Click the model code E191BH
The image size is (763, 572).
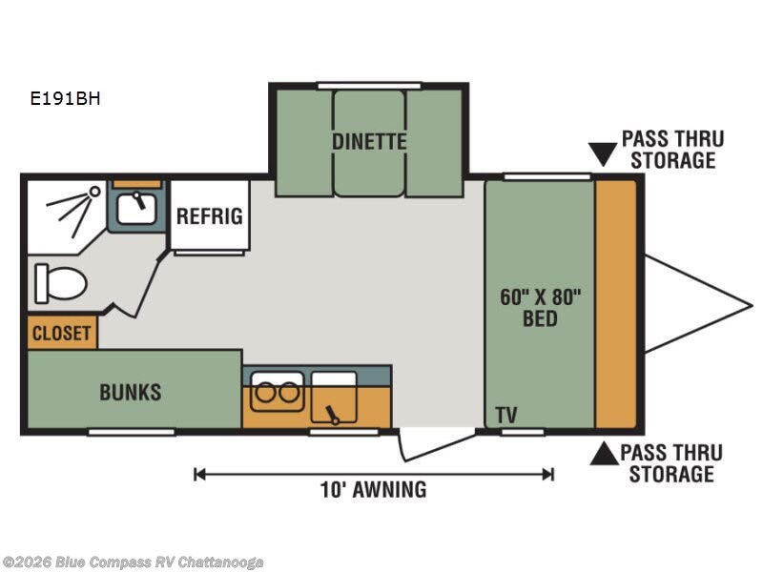65,99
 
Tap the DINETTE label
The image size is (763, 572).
369,141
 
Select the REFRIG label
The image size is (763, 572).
209,216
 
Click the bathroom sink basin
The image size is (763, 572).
136,208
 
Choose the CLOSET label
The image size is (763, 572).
61,334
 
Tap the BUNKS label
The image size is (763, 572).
131,392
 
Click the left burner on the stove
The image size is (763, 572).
266,392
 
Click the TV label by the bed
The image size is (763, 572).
506,416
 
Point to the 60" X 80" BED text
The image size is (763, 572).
540,308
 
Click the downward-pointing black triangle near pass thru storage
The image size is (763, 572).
603,154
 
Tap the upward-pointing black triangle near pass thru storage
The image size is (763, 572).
605,454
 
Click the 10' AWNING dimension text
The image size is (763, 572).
373,490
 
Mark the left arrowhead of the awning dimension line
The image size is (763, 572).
197,474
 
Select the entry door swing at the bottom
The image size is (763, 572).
437,445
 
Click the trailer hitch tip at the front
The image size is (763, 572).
752,306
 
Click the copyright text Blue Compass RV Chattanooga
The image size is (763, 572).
132,562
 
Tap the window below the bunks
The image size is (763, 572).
132,432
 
